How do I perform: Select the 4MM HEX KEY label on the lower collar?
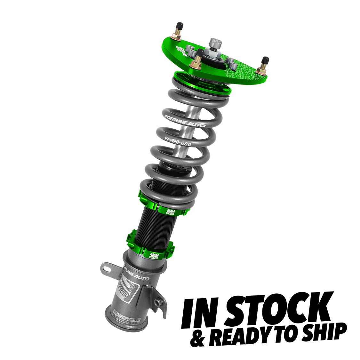[x=155, y=254]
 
